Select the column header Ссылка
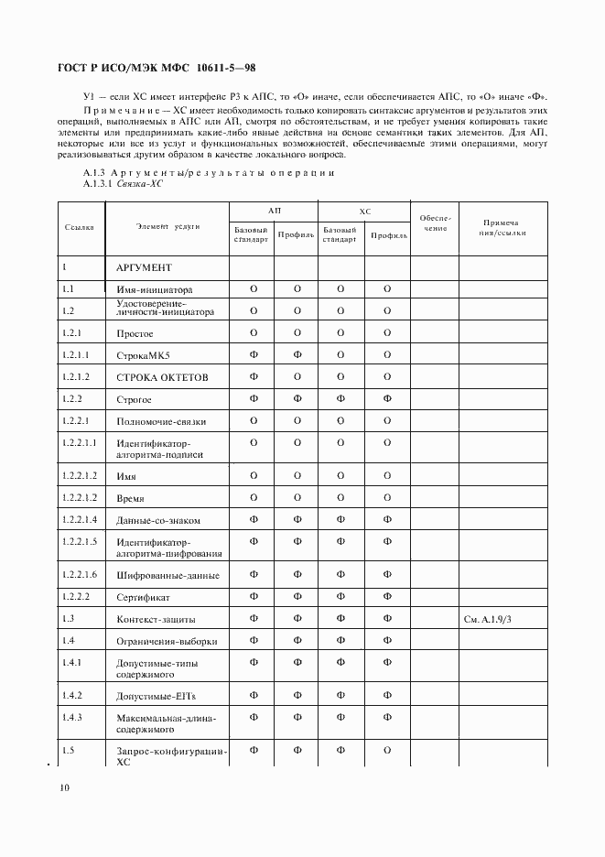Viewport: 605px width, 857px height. pos(80,227)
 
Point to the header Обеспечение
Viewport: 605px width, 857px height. pos(435,222)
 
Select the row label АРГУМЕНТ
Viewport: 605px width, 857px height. pos(144,267)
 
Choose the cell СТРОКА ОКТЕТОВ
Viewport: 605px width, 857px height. pos(162,377)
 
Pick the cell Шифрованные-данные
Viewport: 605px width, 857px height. pos(167,576)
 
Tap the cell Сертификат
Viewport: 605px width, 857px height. pos(145,597)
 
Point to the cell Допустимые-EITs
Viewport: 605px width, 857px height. pos(156,697)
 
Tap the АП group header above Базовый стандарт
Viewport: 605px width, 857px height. pos(275,211)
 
